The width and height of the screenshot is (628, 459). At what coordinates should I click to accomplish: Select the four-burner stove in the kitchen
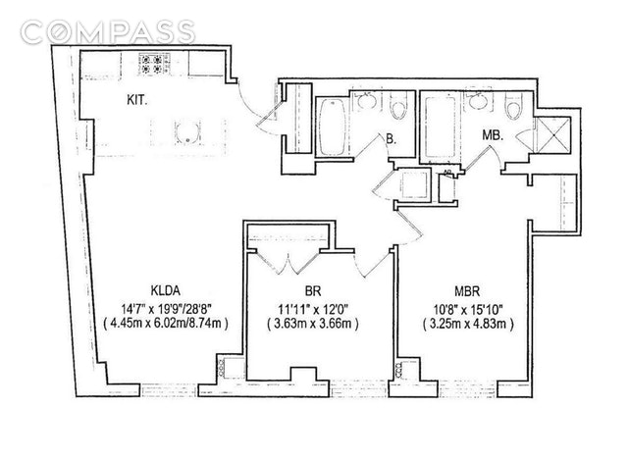click(x=154, y=65)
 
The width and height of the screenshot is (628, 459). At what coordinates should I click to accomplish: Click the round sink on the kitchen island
click(x=186, y=132)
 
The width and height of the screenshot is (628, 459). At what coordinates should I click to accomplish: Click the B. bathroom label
click(x=391, y=140)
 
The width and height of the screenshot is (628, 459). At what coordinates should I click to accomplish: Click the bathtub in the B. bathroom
click(x=330, y=126)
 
